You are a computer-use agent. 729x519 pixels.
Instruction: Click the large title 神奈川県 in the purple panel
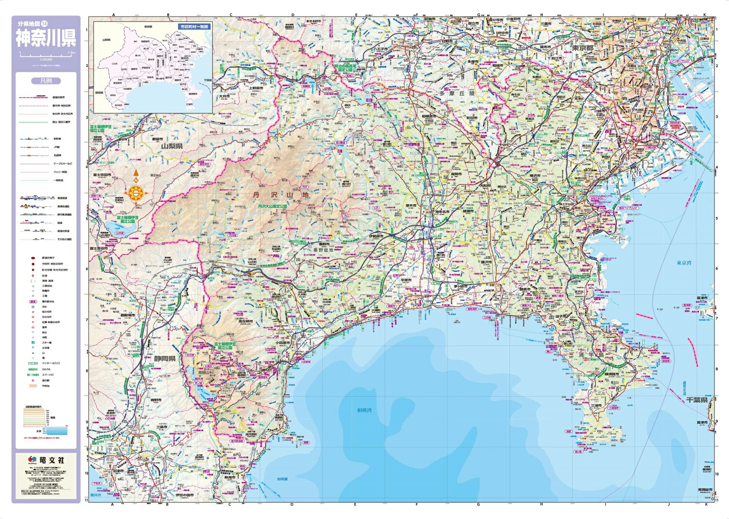46,38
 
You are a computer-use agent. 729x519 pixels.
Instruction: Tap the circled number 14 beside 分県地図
44,23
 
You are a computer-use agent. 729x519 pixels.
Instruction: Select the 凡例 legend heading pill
46,81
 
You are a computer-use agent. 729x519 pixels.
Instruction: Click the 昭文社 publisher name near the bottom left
52,460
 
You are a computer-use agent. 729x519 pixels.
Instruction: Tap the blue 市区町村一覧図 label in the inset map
193,27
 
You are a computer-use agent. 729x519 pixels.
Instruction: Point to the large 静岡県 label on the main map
165,359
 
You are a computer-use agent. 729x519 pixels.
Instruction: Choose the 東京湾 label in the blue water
683,263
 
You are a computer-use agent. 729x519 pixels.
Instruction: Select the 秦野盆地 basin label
322,251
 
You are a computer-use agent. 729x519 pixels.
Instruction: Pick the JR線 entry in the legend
57,147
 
